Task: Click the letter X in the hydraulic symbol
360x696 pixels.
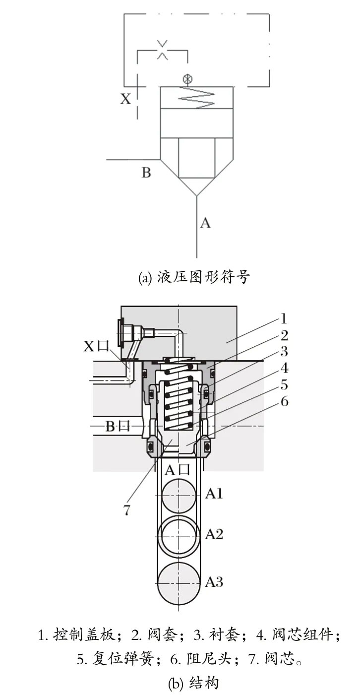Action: (x=126, y=99)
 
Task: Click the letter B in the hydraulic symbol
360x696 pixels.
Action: (x=146, y=173)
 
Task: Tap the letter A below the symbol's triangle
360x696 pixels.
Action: (x=205, y=223)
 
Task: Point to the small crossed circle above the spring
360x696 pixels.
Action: (x=187, y=79)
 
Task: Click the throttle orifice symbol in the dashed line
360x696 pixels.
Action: (x=162, y=50)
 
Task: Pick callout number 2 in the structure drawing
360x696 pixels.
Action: (x=284, y=335)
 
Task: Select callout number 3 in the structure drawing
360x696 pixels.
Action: (x=284, y=352)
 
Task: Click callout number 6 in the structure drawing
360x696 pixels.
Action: (x=284, y=401)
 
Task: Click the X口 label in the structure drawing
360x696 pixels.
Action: (x=96, y=346)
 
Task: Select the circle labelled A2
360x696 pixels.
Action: (x=178, y=534)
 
